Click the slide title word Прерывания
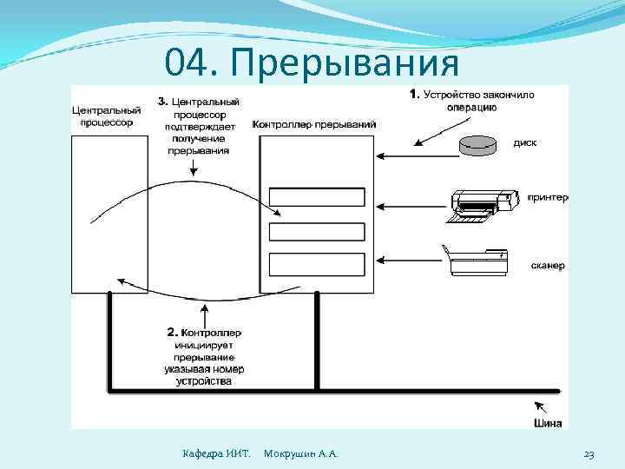(345, 63)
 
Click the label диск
(524, 143)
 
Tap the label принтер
(547, 198)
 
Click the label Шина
(547, 423)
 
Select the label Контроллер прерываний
(314, 124)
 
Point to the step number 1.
(414, 94)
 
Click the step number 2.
(171, 331)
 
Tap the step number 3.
(162, 101)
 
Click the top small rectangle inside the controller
(317, 197)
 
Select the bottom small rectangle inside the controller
(317, 263)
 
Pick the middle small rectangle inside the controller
(317, 231)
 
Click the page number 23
(589, 454)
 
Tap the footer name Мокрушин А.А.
(300, 454)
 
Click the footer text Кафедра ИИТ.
(216, 454)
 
